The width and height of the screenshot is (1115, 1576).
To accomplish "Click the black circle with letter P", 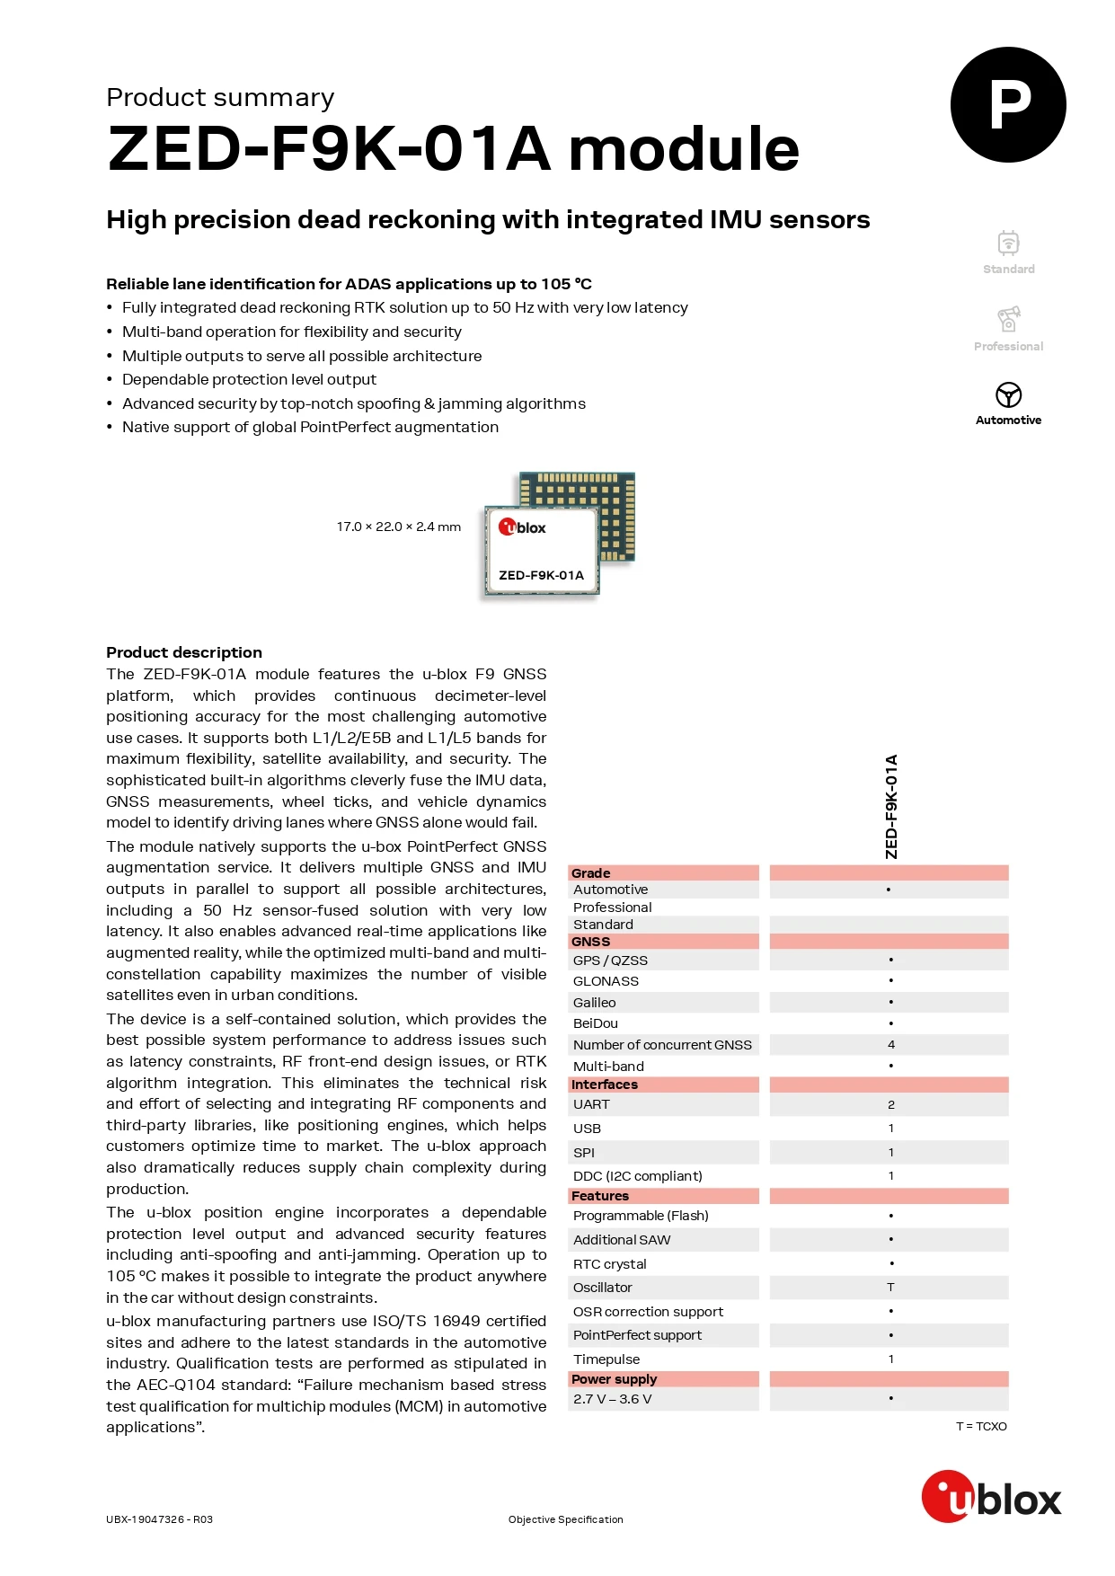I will click(x=1008, y=105).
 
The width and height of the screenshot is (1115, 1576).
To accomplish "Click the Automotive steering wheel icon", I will click(x=1008, y=394).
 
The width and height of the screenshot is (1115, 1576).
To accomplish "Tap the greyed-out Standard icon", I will click(x=1008, y=243).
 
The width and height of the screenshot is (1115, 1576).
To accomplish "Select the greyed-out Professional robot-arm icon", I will click(x=1008, y=319).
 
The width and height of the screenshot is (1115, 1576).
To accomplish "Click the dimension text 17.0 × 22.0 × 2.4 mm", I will click(x=398, y=527).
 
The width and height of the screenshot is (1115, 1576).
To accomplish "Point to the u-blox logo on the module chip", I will click(x=522, y=527).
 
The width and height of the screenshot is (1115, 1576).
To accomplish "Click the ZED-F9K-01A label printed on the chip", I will click(x=541, y=575).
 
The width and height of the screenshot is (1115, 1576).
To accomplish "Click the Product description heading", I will click(x=184, y=652).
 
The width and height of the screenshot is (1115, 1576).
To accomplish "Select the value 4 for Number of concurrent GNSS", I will click(x=890, y=1044).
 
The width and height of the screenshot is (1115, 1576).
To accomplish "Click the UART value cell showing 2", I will click(x=890, y=1104).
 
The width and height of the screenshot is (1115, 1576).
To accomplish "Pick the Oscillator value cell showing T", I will click(x=890, y=1288).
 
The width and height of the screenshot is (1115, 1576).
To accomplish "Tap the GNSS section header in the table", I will click(x=590, y=942).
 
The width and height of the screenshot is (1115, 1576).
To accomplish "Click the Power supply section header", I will click(x=614, y=1379).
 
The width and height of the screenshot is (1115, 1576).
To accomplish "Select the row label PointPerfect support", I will click(x=637, y=1335).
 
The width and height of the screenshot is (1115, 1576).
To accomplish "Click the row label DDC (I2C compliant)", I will click(x=637, y=1176).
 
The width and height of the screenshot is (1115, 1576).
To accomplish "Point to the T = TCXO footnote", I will click(x=981, y=1426).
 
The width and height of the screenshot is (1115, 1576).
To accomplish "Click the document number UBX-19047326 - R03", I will click(x=159, y=1519).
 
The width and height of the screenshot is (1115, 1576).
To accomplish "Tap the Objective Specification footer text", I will click(x=565, y=1519).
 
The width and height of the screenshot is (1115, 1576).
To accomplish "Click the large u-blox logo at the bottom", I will click(x=991, y=1498).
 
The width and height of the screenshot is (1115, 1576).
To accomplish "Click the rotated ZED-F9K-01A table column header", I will click(x=891, y=806).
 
